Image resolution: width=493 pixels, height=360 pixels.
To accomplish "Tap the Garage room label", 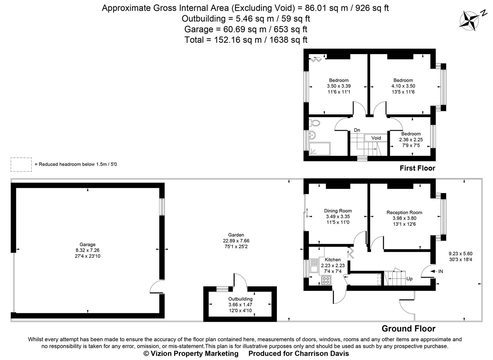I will point(87,244).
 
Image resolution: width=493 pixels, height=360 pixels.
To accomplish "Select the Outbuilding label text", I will point(240,299).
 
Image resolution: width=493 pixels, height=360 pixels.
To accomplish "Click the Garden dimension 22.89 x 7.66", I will point(236,241).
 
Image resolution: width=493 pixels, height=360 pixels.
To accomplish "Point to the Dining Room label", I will point(338,211).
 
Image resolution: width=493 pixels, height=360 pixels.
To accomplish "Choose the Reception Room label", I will point(404,212).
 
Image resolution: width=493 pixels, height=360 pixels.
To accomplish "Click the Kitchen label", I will point(332,260).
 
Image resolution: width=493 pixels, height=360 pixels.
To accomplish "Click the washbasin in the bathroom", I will point(312,135).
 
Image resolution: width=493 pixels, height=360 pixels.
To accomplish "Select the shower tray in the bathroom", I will point(319,149).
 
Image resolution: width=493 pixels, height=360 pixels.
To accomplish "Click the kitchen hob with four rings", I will point(326,280).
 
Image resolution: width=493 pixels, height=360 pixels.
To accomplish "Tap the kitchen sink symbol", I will point(313,266).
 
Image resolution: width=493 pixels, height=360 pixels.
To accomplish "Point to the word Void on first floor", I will point(376,138).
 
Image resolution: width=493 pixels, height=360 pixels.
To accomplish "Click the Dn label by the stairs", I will point(357,130).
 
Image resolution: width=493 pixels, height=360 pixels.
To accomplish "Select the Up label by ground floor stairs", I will point(409,279).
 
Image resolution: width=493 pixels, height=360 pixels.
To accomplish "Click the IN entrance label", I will point(440,271).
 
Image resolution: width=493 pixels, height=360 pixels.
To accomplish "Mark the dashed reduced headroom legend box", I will point(21,164).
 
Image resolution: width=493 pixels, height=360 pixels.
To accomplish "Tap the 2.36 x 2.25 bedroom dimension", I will point(411,140).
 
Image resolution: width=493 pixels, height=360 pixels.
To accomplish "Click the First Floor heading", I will point(417,168).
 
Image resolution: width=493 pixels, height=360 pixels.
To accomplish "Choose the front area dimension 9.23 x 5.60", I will point(460,253).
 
